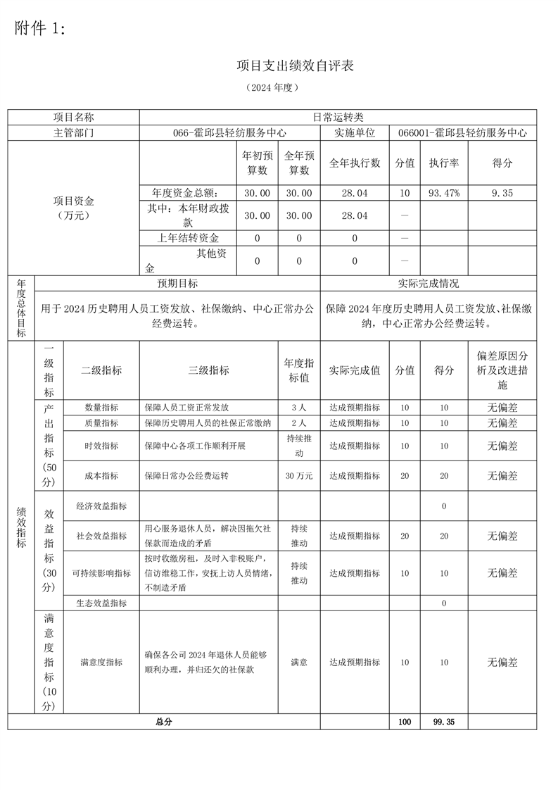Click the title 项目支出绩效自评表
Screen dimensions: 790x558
click(295, 66)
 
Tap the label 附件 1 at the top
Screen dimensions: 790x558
click(40, 29)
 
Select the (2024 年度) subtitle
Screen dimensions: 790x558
click(272, 88)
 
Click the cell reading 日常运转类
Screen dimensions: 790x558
click(338, 118)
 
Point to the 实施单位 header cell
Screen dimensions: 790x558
click(354, 132)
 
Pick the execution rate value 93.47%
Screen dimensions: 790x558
click(444, 192)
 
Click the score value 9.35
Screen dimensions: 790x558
click(502, 192)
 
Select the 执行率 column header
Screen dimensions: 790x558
click(444, 163)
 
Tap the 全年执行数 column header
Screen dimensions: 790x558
click(355, 163)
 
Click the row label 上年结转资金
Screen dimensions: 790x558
click(188, 238)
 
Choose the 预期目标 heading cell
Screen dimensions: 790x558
click(177, 283)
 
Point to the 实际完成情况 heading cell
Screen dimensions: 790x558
click(428, 283)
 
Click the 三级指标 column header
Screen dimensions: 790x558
click(209, 370)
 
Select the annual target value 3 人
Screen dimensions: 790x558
click(299, 407)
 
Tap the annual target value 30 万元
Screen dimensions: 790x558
click(299, 476)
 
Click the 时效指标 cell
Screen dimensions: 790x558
click(101, 446)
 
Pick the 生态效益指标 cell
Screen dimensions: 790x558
click(101, 603)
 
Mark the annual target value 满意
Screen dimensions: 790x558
click(299, 663)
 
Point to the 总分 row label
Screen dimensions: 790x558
click(163, 722)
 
